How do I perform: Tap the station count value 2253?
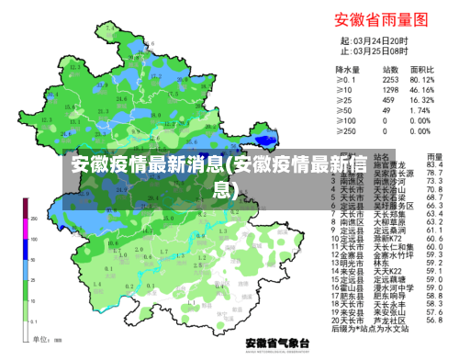click(x=390, y=79)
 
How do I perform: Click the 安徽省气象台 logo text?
click(x=281, y=342)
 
